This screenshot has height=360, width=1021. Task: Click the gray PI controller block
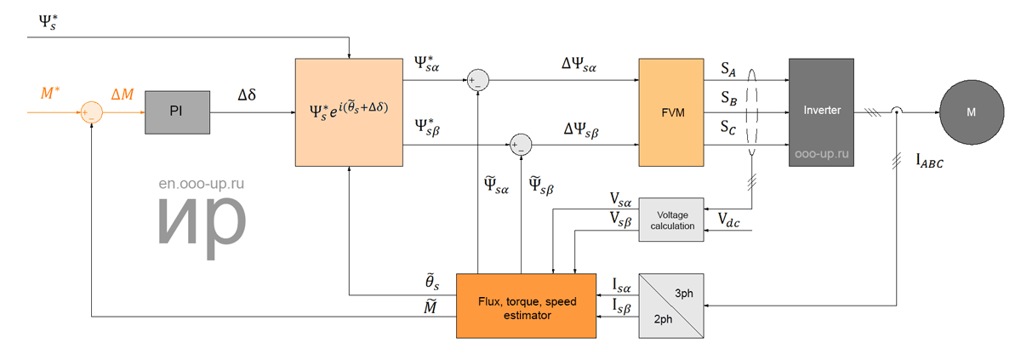[x=177, y=112]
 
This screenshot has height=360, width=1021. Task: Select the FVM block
[x=671, y=112]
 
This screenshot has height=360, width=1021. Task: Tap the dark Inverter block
[x=821, y=112]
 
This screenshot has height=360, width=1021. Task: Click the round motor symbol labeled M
[x=972, y=112]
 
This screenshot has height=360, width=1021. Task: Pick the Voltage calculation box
[x=671, y=220]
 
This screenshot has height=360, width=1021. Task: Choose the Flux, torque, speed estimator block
[x=526, y=306]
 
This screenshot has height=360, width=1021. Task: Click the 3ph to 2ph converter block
[x=671, y=306]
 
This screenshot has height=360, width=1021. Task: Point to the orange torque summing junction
[x=92, y=112]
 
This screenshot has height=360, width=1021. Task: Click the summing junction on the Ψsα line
[x=478, y=80]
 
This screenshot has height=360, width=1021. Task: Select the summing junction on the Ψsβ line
[x=521, y=145]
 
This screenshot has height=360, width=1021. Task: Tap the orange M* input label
[x=49, y=93]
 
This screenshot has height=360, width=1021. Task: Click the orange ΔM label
[x=123, y=94]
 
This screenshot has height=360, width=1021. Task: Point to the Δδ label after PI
[x=247, y=94]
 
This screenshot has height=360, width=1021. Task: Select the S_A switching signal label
[x=728, y=69]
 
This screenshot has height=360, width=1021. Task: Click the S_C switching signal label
[x=728, y=127]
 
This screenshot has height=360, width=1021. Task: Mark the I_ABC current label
[x=929, y=161]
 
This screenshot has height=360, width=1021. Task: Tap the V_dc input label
[x=728, y=220]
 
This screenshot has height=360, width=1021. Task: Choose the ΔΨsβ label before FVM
[x=581, y=130]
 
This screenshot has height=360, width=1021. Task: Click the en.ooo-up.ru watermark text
[x=201, y=184]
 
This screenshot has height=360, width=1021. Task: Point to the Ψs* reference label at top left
[x=48, y=22]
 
